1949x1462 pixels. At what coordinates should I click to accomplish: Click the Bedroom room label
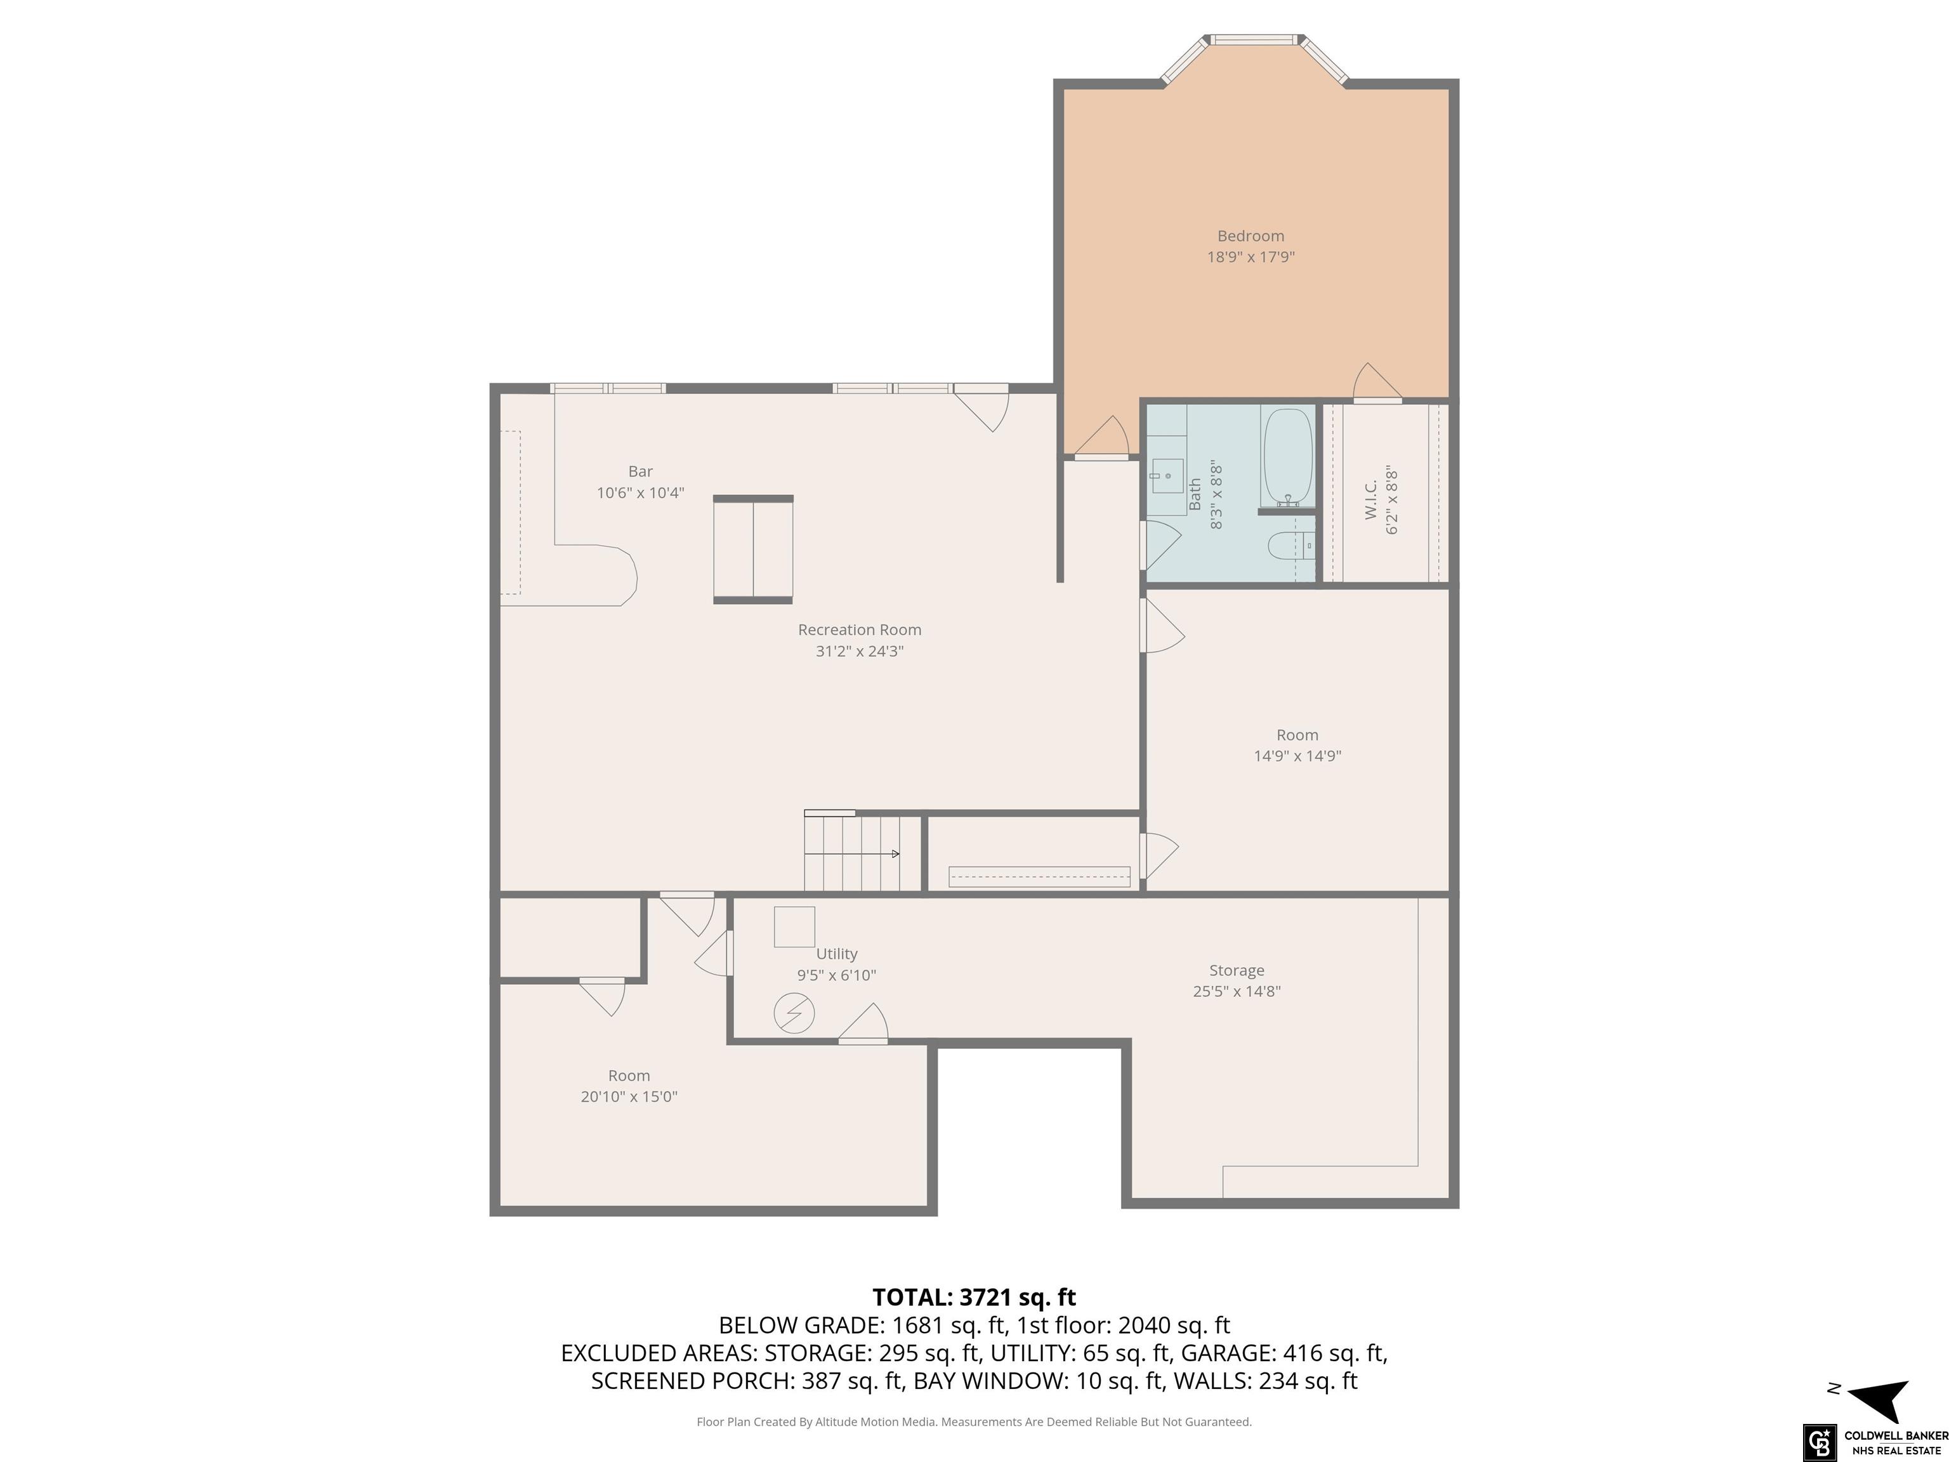point(1250,236)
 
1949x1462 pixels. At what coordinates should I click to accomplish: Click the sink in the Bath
point(1167,477)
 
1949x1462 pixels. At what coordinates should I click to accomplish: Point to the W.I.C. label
point(1371,499)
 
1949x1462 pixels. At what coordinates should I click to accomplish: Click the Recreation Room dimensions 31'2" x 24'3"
point(859,651)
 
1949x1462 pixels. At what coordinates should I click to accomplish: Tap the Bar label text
point(641,471)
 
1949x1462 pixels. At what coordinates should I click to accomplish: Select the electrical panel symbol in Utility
point(794,1014)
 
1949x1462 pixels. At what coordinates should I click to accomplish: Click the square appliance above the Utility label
point(794,927)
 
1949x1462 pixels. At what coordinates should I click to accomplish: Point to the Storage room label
point(1236,970)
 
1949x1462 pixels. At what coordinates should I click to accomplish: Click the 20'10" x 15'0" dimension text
point(629,1097)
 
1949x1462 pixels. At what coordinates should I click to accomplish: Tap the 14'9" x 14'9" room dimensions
point(1297,756)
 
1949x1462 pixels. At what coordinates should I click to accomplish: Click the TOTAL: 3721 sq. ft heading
point(974,1297)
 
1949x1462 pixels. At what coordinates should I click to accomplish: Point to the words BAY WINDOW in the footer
point(988,1381)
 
